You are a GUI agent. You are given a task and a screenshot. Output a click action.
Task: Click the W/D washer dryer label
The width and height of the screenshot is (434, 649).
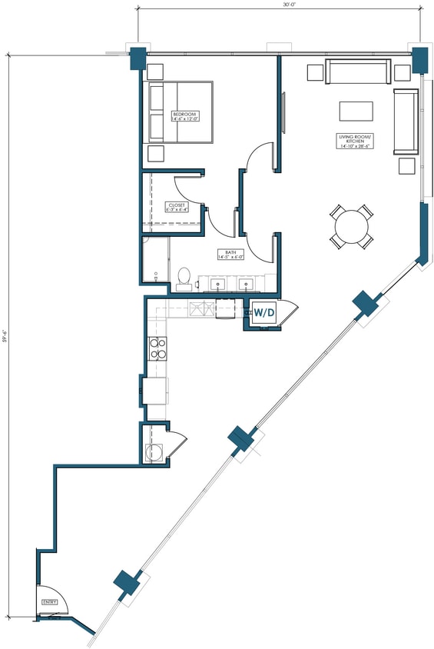[265, 313]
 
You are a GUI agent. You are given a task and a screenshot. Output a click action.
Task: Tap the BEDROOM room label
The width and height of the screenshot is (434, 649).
[185, 116]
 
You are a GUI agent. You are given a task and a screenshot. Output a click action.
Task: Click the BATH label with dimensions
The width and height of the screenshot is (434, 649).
[230, 255]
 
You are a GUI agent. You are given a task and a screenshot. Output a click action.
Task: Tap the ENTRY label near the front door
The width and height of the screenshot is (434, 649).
[50, 602]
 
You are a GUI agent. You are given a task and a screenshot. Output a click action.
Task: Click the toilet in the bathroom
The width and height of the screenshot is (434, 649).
[184, 278]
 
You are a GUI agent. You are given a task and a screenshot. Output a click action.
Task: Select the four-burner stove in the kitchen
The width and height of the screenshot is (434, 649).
[158, 349]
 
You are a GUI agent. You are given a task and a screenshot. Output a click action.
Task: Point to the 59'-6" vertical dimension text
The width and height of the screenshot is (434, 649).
[5, 336]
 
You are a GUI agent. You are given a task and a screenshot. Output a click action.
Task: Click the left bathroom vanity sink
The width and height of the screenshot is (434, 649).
[218, 284]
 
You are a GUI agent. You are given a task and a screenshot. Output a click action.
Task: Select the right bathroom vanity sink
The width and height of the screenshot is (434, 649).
[248, 284]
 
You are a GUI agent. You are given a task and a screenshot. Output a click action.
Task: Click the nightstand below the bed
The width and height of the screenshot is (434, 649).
[156, 152]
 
